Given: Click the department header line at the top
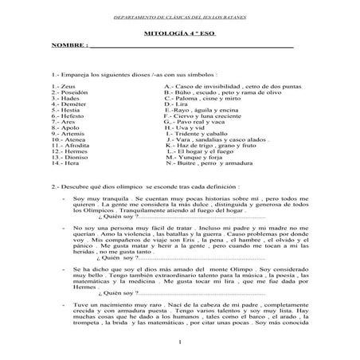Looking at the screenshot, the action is (179, 15).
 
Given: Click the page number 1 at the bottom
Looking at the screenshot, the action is (181, 342).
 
